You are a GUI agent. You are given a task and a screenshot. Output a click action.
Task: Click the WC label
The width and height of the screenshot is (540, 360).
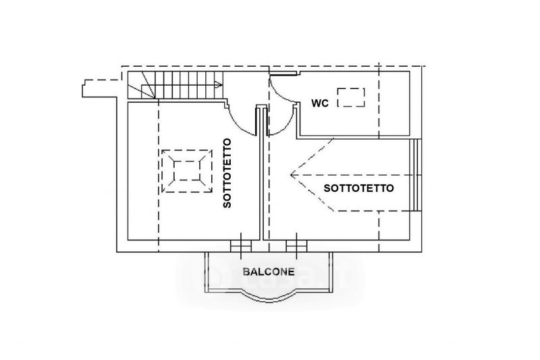click(319, 103)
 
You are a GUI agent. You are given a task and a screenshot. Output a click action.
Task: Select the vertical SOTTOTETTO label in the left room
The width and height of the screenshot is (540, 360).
click(227, 173)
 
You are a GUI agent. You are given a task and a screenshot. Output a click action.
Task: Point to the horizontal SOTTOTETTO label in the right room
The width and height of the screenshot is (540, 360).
click(359, 188)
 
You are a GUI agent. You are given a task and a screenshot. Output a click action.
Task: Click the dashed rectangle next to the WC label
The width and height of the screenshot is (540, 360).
click(352, 97)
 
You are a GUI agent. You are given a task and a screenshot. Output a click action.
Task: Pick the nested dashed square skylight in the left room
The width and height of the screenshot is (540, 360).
click(188, 171)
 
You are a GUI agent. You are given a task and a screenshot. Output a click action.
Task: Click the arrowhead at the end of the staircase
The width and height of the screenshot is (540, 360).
click(218, 84)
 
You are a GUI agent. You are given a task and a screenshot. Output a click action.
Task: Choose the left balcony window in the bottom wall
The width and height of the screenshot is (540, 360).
click(238, 247)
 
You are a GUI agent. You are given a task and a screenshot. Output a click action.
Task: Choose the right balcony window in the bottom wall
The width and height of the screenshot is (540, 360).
click(295, 247)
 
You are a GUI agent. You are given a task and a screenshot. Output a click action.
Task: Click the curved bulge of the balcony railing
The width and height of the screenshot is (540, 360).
click(268, 295)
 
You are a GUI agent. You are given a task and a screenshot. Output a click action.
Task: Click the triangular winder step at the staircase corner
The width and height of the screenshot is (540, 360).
click(138, 88)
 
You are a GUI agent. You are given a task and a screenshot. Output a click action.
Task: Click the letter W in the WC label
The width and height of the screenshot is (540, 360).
click(315, 103)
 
